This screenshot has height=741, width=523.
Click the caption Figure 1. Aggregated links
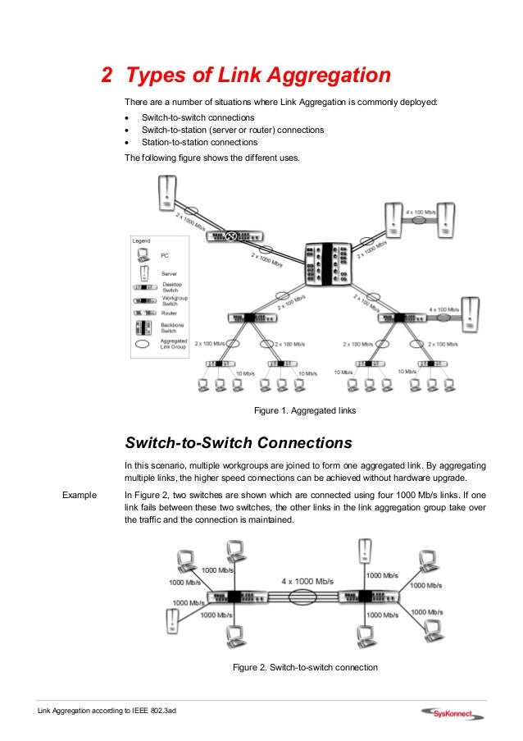305,409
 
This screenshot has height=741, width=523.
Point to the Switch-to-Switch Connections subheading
239,443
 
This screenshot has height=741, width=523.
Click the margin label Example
79,495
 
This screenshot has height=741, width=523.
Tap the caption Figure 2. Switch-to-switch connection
305,667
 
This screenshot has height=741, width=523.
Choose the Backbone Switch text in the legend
172,328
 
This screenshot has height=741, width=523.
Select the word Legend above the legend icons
143,240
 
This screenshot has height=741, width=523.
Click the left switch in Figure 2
234,597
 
